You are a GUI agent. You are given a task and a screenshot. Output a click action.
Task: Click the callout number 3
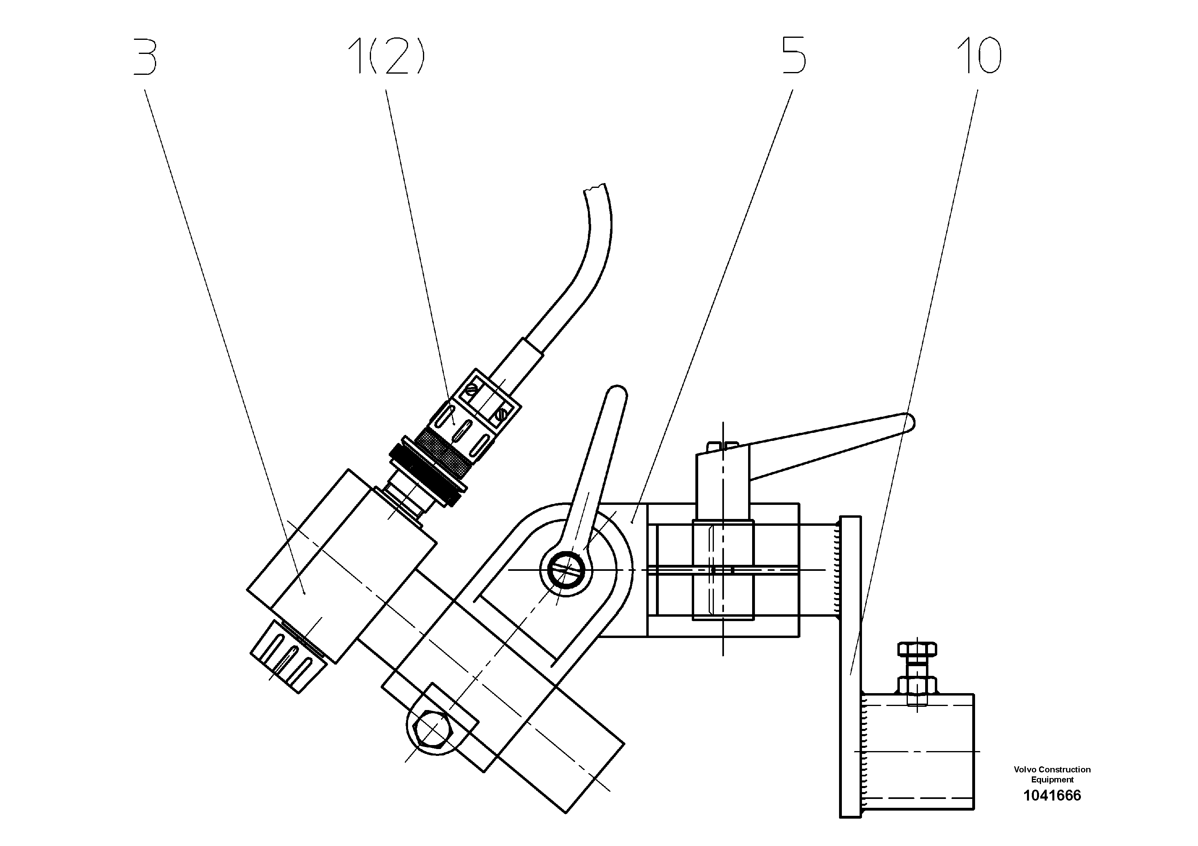click(x=145, y=56)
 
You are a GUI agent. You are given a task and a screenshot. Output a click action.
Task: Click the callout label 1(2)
click(x=386, y=56)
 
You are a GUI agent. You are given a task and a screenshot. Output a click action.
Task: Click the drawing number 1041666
click(x=1052, y=795)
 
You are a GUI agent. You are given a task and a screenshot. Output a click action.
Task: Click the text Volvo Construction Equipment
click(x=1052, y=774)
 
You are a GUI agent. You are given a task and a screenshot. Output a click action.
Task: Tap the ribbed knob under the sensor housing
click(x=289, y=657)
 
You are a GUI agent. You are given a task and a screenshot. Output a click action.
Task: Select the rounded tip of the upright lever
click(x=618, y=392)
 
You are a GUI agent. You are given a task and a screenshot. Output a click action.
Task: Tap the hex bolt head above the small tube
click(x=917, y=649)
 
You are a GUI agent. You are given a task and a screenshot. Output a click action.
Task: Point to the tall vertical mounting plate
click(x=850, y=668)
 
